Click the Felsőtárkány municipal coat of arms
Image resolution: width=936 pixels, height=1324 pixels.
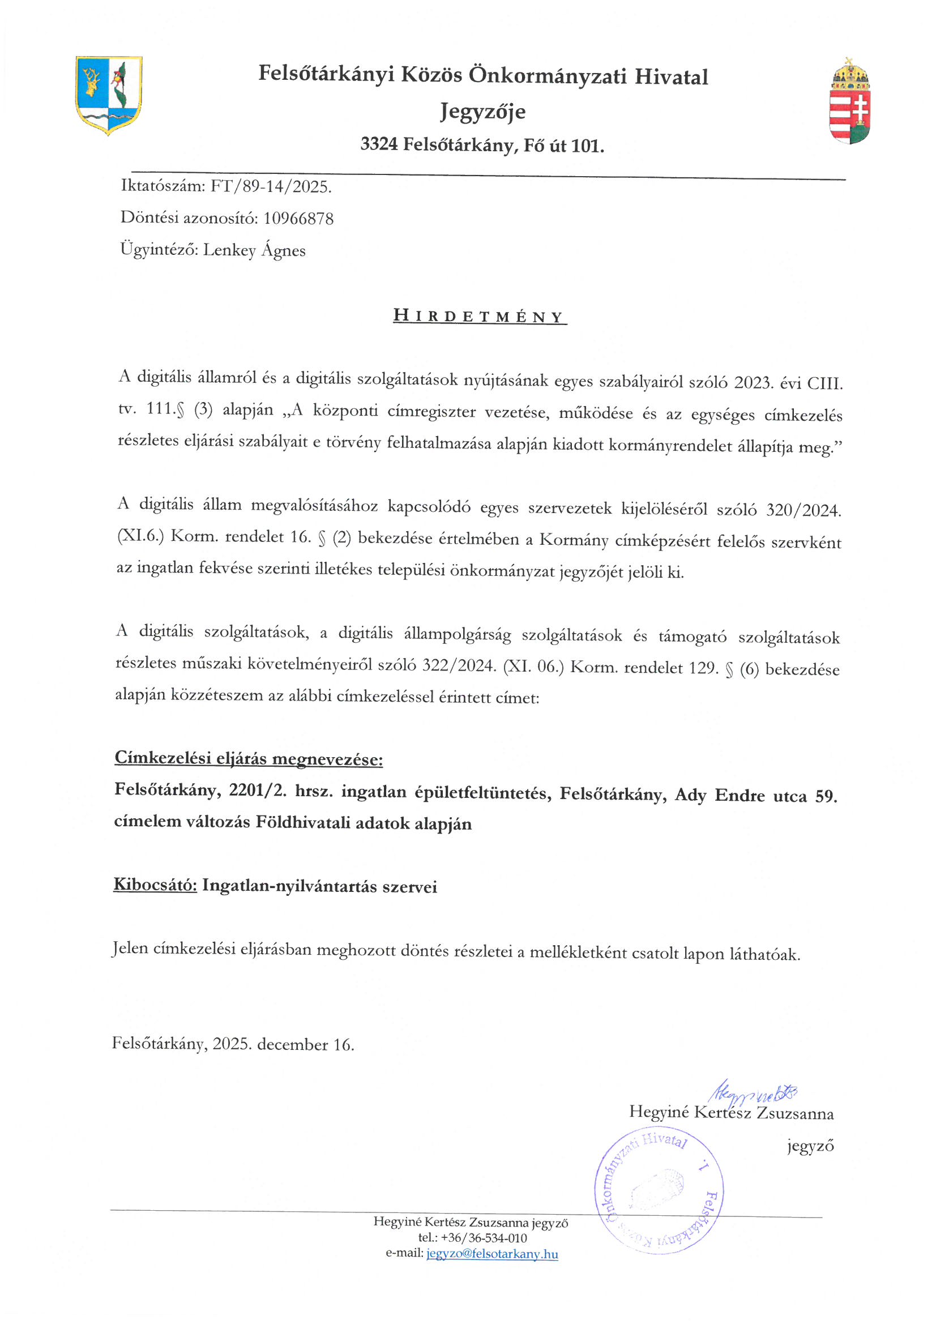coord(108,95)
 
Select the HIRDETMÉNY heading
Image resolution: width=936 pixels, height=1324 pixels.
coord(479,317)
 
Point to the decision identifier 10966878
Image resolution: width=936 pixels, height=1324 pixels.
coord(298,219)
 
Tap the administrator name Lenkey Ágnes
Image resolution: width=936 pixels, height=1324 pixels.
coord(254,250)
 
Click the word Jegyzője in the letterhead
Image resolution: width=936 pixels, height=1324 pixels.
coord(482,112)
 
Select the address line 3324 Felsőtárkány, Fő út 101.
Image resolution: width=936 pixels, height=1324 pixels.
coord(482,145)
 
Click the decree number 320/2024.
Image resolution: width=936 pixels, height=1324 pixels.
coord(803,510)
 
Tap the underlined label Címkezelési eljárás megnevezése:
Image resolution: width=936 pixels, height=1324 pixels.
coord(249,758)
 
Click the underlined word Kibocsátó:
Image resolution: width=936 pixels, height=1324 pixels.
coord(155,885)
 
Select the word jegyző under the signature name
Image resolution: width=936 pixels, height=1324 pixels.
coord(810,1146)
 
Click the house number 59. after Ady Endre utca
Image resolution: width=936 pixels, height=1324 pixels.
coord(826,796)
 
